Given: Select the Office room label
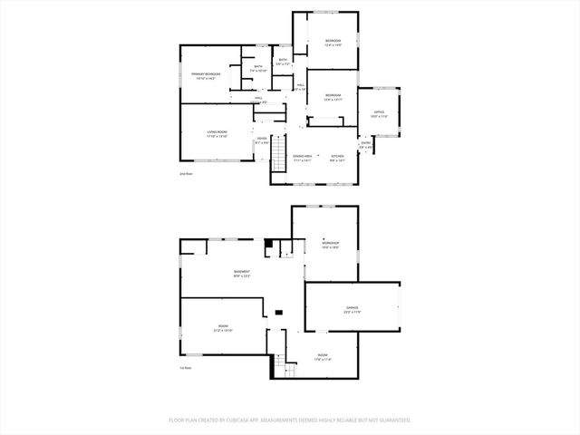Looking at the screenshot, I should [x=379, y=113].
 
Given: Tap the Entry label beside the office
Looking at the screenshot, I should [x=366, y=144].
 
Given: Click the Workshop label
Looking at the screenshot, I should [x=330, y=244].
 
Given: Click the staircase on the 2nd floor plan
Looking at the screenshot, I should [x=280, y=146].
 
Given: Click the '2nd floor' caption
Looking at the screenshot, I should [x=186, y=173].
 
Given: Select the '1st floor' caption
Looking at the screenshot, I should [x=186, y=368].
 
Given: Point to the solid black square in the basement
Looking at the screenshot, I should [x=268, y=245].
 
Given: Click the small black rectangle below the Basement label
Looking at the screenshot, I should [x=278, y=312].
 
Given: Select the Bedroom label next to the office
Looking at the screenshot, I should [x=333, y=97].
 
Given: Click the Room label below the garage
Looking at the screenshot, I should [x=323, y=358].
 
